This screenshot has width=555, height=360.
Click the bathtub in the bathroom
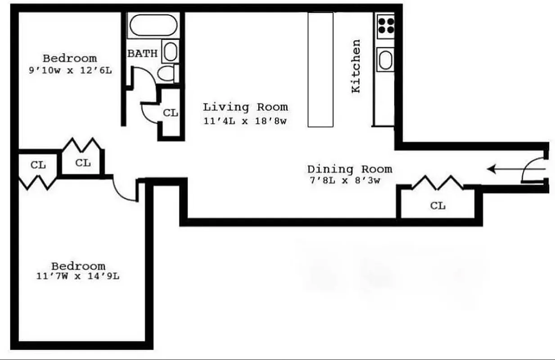pyautogui.click(x=153, y=26)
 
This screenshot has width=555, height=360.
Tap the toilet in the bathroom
pyautogui.click(x=167, y=73)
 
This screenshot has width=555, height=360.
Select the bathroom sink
pyautogui.click(x=170, y=52)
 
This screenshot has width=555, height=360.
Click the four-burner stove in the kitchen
pyautogui.click(x=385, y=25)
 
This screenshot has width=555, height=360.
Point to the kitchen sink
pyautogui.click(x=385, y=60)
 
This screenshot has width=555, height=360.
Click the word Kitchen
pyautogui.click(x=356, y=66)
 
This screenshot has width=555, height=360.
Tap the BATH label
pyautogui.click(x=142, y=54)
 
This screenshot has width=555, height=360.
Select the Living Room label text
pyautogui.click(x=245, y=107)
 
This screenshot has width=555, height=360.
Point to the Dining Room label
pyautogui.click(x=349, y=170)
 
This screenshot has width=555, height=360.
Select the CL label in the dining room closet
pyautogui.click(x=438, y=206)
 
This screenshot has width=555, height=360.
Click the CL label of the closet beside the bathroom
pyautogui.click(x=170, y=113)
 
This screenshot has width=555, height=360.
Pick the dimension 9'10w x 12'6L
pyautogui.click(x=70, y=71)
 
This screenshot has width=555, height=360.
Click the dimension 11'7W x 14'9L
pyautogui.click(x=78, y=276)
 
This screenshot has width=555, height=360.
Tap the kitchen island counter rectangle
pyautogui.click(x=320, y=70)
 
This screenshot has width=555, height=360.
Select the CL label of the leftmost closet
pyautogui.click(x=38, y=165)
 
